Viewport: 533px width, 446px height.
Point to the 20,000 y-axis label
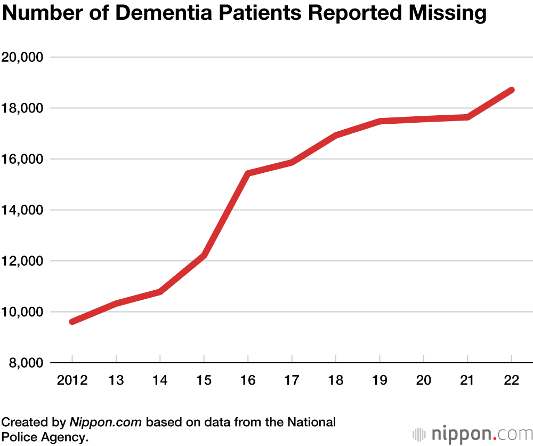[x=23, y=57]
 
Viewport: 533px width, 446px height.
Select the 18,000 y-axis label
[x=23, y=108]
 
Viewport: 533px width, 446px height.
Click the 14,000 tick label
[x=23, y=210]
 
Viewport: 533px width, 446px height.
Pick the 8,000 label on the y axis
[x=26, y=363]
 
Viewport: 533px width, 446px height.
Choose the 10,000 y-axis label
[x=23, y=312]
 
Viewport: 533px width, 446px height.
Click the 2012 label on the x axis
[x=72, y=380]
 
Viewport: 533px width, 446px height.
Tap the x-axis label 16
[x=248, y=380]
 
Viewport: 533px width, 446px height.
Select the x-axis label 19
[x=379, y=380]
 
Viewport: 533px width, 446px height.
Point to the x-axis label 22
[x=512, y=380]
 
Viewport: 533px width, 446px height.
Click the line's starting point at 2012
[x=72, y=322]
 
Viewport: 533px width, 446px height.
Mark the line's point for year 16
[x=248, y=173]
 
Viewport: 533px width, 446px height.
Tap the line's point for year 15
[x=204, y=256]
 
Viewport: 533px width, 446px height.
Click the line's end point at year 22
[x=512, y=90]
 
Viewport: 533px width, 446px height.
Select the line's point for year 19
[x=379, y=122]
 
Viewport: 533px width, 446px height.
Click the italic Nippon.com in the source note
[x=106, y=423]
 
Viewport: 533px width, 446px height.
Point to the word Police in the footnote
[x=19, y=437]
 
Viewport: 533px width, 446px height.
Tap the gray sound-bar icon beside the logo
[x=420, y=434]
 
